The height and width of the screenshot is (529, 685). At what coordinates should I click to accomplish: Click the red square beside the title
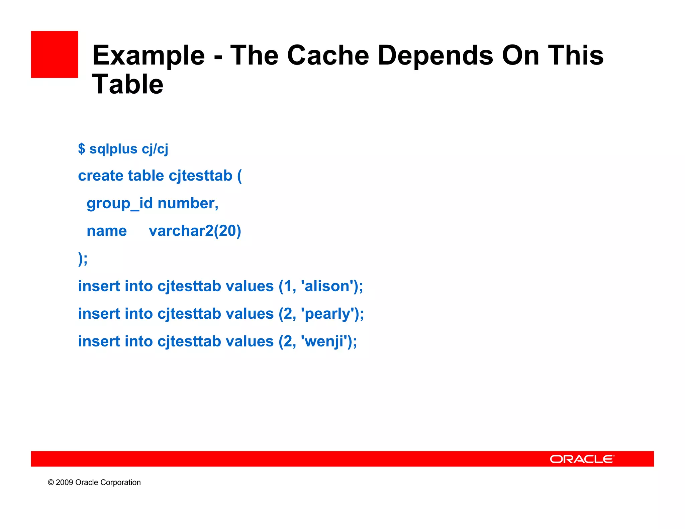click(x=55, y=55)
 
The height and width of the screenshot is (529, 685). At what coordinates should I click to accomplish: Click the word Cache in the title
click(x=328, y=55)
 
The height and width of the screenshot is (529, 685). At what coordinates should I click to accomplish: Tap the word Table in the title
click(x=127, y=84)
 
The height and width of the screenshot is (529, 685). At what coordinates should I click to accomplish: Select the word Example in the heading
click(x=149, y=56)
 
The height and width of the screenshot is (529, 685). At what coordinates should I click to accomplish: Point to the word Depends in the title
click(x=435, y=56)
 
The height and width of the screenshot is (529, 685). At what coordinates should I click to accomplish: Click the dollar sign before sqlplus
click(x=81, y=148)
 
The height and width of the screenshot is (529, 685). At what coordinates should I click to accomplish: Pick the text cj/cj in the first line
click(x=155, y=149)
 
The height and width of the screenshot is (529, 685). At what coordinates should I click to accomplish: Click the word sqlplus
click(x=113, y=149)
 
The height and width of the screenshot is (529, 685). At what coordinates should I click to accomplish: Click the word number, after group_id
click(x=188, y=203)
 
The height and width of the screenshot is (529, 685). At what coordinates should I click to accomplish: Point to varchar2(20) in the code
click(x=195, y=231)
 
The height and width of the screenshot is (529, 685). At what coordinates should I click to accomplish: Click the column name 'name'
click(x=107, y=231)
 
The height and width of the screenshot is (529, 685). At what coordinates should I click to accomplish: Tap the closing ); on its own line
click(x=83, y=258)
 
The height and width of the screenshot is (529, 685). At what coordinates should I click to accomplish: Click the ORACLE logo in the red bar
click(x=582, y=459)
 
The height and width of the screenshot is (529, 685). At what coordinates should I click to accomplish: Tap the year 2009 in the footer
click(x=64, y=483)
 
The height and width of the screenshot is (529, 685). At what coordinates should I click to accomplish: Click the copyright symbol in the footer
click(x=51, y=483)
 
